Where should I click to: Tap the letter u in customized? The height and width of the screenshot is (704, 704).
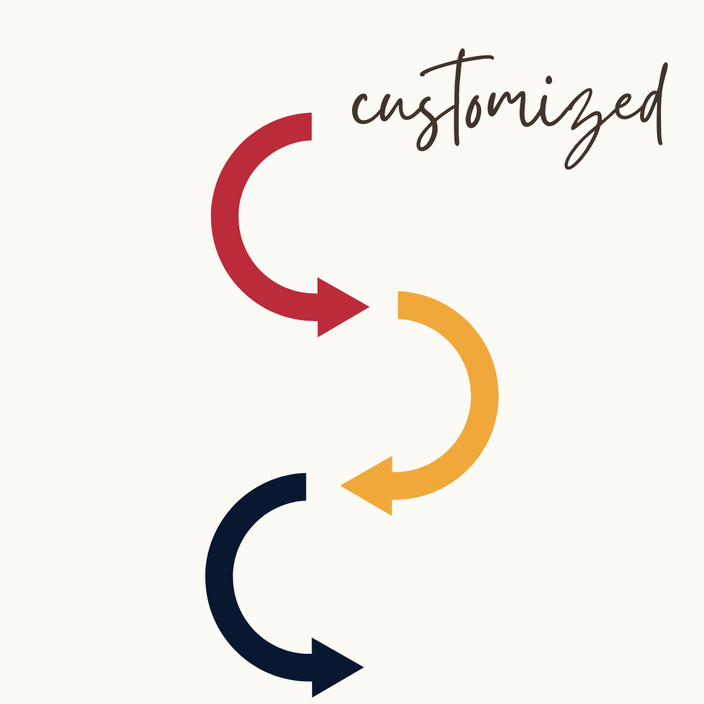[x=390, y=108]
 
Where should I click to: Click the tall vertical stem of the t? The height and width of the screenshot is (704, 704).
[x=457, y=104]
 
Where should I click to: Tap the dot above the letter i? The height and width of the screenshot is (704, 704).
[x=549, y=80]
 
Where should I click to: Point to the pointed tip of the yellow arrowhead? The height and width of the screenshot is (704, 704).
[x=342, y=486]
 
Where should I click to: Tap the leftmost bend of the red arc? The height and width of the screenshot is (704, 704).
[x=224, y=215]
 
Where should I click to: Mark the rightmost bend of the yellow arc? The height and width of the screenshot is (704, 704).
[x=484, y=395]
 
